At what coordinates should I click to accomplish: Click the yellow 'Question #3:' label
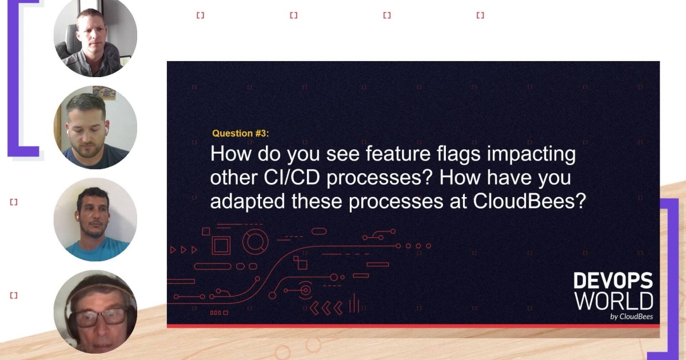[x=240, y=133]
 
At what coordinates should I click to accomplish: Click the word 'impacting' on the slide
[x=541, y=154]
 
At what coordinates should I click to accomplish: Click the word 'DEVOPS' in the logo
[x=613, y=281]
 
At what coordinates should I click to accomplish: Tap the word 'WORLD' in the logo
[x=613, y=301]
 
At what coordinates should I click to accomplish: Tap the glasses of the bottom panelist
[x=102, y=316]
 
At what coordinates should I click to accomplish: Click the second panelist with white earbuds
[x=95, y=127]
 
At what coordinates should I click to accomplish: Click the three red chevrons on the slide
[x=326, y=308]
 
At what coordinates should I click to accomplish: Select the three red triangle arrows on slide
[x=184, y=250]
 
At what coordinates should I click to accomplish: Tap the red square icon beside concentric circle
[x=221, y=245]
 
